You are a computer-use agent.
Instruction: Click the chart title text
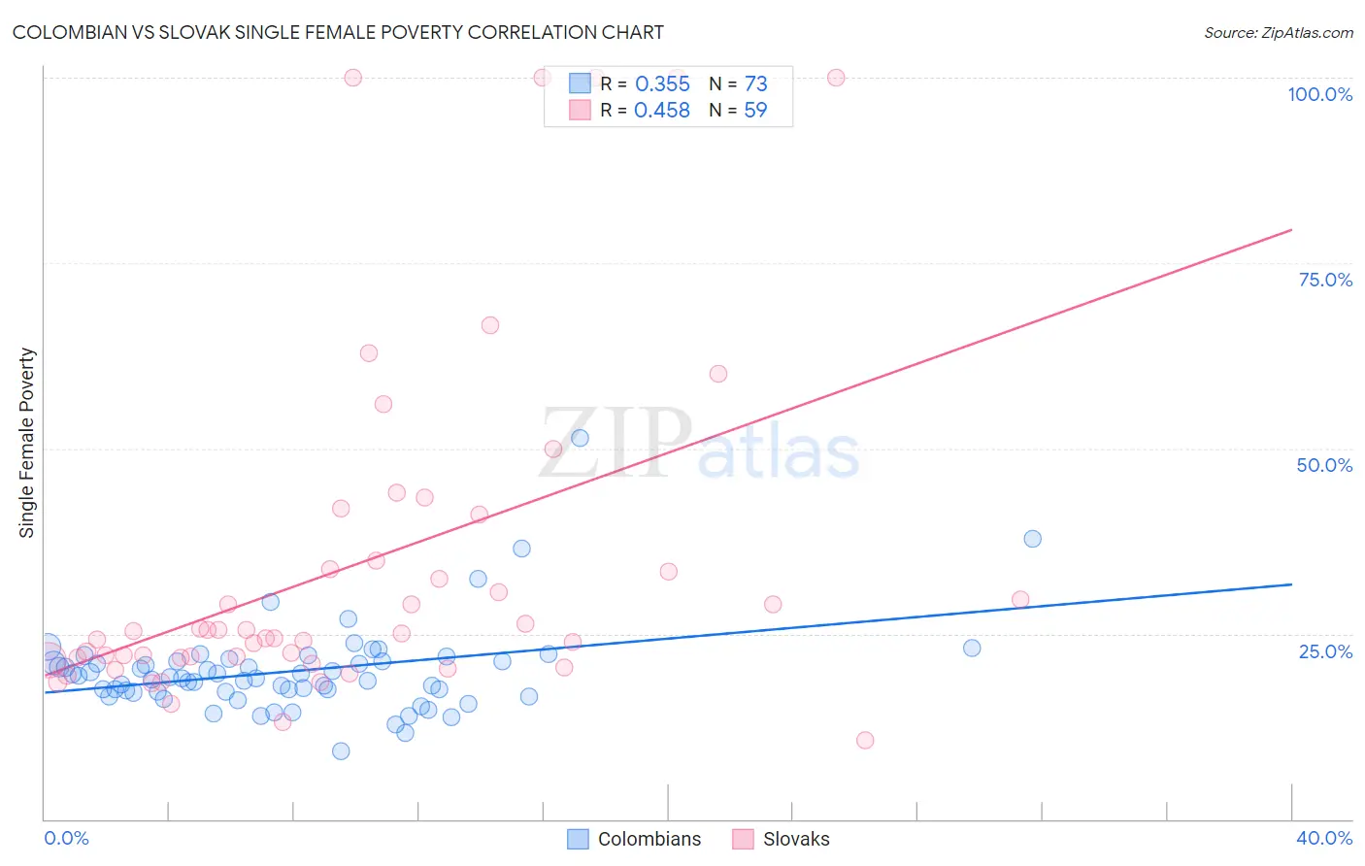[x=338, y=32]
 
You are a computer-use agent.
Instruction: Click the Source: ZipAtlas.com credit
[x=1278, y=32]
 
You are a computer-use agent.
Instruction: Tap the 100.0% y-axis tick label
[x=1319, y=94]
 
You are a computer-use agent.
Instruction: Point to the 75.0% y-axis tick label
[x=1325, y=280]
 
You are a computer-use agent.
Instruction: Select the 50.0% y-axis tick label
[x=1324, y=465]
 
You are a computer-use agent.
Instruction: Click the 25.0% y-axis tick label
[x=1325, y=651]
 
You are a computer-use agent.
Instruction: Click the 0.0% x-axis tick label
[x=66, y=838]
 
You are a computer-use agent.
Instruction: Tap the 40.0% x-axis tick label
[x=1323, y=838]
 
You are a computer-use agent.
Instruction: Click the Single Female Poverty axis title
[x=27, y=443]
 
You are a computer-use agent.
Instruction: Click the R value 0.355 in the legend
[x=662, y=84]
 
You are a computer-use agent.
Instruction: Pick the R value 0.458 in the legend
[x=662, y=111]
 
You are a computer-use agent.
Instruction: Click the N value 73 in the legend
[x=755, y=84]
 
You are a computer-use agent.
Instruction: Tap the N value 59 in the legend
[x=755, y=111]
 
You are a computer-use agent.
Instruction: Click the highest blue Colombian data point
[x=580, y=438]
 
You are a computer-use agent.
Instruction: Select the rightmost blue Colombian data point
[x=1032, y=539]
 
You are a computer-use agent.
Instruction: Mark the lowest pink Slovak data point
[x=865, y=740]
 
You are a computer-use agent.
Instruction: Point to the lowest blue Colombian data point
[x=341, y=750]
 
